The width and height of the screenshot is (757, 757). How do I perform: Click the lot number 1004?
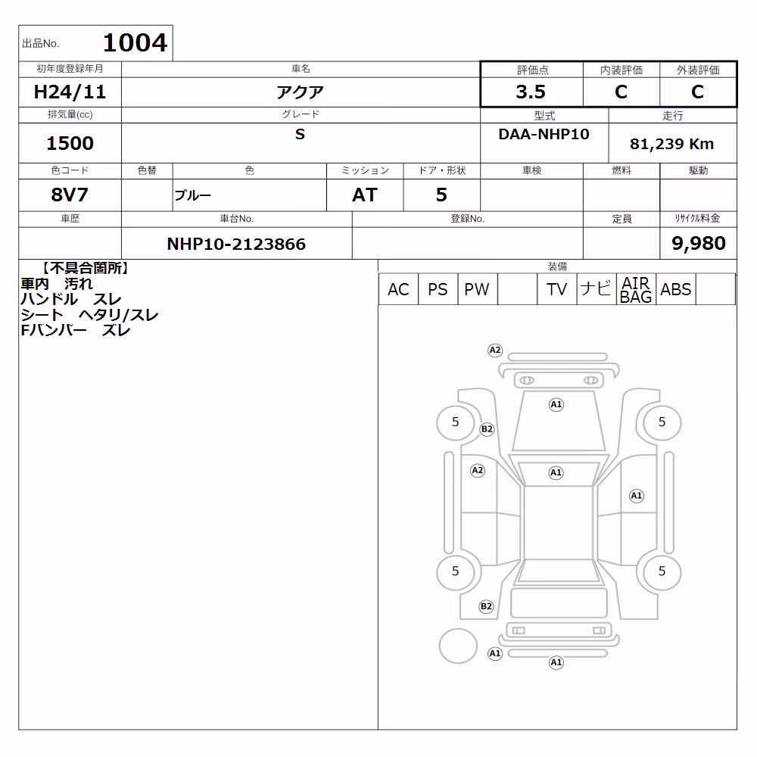coord(136,42)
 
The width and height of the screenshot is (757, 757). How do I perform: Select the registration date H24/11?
coord(70,92)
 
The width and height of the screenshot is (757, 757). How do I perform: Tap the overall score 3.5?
coord(531,92)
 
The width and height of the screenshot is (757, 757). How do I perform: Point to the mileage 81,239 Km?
coord(671,144)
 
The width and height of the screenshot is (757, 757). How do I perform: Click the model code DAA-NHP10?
coord(544,134)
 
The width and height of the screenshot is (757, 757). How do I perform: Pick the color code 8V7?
coord(70,195)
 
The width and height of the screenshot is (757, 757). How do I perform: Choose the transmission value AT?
coord(365,195)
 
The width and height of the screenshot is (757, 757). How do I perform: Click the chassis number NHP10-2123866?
coord(236,244)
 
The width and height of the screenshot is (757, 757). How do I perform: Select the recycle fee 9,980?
coord(699,243)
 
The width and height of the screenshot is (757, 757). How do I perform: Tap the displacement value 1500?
coord(70,143)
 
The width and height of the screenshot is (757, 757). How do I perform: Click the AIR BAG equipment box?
coord(636,289)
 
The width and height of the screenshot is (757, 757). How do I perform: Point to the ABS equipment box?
coord(676,289)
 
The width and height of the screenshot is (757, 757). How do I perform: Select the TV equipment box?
coord(556,289)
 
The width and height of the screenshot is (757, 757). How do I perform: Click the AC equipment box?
coord(398,289)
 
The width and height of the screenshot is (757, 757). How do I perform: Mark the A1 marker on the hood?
coord(556,404)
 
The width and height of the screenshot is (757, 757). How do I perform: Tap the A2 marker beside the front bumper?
coord(495,350)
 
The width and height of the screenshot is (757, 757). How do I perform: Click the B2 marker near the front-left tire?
coord(487,429)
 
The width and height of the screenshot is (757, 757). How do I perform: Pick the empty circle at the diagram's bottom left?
coord(458,646)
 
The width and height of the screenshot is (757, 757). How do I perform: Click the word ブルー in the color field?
coord(192,195)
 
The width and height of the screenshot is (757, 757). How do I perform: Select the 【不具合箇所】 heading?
coord(86,268)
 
